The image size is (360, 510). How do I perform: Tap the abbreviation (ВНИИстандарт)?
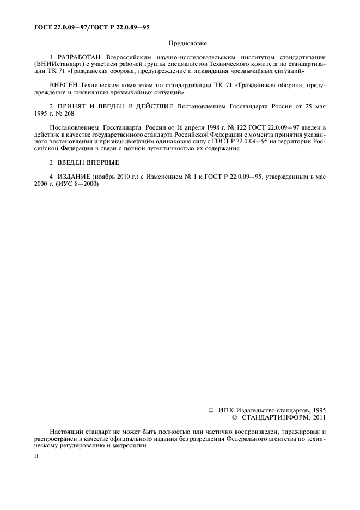tap(52, 64)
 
